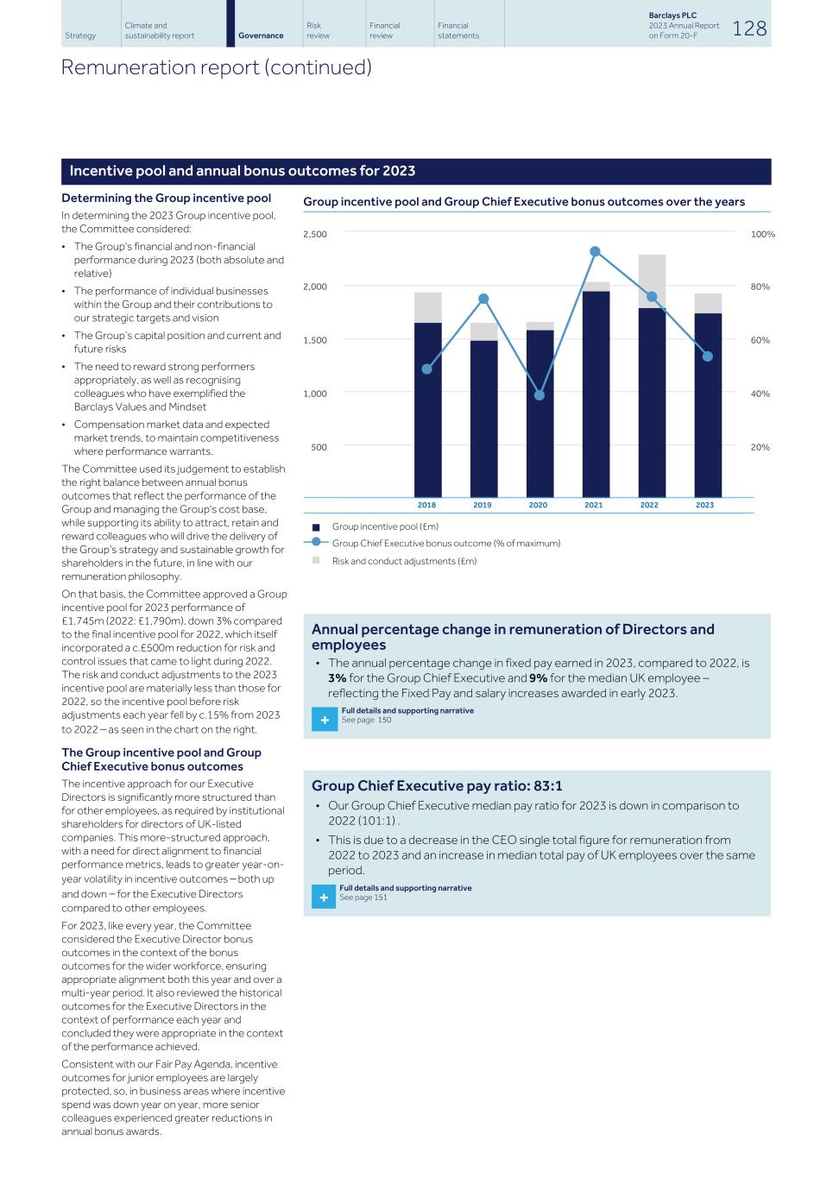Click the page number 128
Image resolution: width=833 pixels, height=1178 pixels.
tap(749, 28)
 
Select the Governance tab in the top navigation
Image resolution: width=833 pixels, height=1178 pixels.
tap(261, 35)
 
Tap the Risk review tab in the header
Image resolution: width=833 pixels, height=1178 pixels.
tap(318, 30)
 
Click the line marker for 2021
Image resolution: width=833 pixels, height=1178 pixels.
tap(596, 251)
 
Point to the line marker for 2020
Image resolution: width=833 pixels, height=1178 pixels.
tap(540, 395)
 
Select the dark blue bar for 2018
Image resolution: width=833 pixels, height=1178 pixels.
tap(427, 410)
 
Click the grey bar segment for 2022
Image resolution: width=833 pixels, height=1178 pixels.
tap(652, 280)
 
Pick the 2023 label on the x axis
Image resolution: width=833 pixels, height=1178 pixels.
tap(704, 505)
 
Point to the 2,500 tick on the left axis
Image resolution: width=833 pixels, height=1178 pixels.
tap(315, 235)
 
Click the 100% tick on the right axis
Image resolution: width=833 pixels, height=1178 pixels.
tap(762, 235)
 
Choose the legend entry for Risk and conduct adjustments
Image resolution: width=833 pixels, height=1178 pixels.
tap(404, 561)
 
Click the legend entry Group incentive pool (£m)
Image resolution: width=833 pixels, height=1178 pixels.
tap(385, 526)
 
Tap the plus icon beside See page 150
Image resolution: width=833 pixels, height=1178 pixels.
tap(325, 720)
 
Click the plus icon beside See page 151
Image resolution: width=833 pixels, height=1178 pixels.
tap(324, 898)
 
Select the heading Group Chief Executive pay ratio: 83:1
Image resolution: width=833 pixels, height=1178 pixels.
tap(437, 785)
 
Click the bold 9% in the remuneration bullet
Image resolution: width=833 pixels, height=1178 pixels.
tap(538, 678)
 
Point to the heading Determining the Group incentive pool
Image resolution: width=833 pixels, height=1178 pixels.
tap(166, 198)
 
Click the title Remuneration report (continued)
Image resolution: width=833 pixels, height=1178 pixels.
tap(216, 67)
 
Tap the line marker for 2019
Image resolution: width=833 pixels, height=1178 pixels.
tap(483, 299)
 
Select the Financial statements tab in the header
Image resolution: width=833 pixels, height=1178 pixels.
tap(458, 30)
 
